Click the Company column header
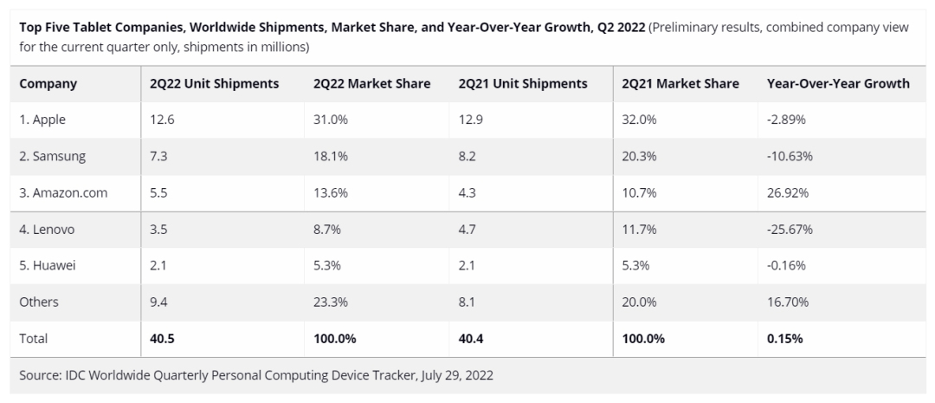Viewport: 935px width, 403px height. (48, 84)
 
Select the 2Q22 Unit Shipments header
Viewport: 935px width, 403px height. (214, 84)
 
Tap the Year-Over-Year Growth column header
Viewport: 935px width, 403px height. (838, 84)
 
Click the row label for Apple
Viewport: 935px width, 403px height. (43, 120)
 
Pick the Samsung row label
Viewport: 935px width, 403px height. (53, 157)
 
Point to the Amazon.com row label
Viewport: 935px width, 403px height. (63, 193)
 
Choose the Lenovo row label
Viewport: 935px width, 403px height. (48, 230)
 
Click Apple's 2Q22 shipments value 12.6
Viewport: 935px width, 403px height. (161, 120)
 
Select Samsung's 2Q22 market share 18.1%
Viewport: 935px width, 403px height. (331, 157)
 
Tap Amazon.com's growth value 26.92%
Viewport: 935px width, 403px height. (788, 193)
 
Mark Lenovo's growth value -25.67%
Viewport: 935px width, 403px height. (790, 230)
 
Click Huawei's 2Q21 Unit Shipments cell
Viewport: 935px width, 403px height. (468, 266)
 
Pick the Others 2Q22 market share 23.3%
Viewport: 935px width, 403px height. (331, 302)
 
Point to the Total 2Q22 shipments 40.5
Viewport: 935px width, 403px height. (162, 339)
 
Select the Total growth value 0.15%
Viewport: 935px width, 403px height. (785, 339)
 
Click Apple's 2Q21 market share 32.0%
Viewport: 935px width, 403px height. (639, 120)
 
